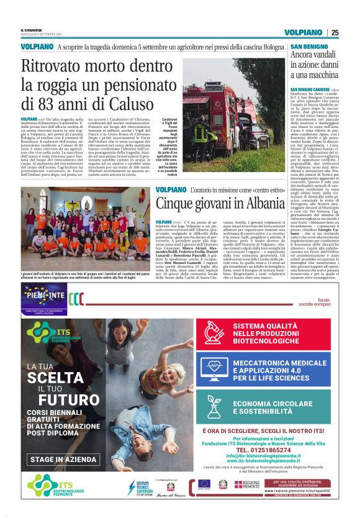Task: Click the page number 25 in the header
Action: pos(335,32)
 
